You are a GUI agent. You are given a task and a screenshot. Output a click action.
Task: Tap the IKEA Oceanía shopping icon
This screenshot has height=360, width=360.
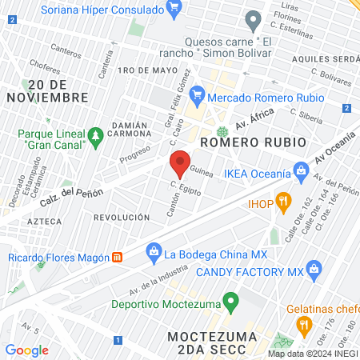pyautogui.click(x=301, y=170)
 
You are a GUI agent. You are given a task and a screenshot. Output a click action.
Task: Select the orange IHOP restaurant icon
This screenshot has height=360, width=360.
pyautogui.click(x=282, y=200)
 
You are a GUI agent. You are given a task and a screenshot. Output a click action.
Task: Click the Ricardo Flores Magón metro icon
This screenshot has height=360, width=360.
pyautogui.click(x=118, y=257)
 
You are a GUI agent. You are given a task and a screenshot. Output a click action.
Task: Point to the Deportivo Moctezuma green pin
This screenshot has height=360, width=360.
pyautogui.click(x=231, y=302)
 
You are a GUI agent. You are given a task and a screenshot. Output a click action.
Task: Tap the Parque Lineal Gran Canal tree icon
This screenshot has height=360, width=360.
pyautogui.click(x=96, y=135)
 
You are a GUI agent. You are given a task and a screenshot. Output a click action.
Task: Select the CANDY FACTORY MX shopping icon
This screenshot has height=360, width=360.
pyautogui.click(x=315, y=270)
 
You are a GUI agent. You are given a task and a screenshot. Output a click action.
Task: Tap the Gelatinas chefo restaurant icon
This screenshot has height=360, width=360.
pyautogui.click(x=303, y=324)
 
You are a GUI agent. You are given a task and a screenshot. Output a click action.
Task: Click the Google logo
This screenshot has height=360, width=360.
pyautogui.click(x=26, y=350)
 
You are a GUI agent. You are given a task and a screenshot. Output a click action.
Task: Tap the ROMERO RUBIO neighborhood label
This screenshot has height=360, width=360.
pyautogui.click(x=253, y=142)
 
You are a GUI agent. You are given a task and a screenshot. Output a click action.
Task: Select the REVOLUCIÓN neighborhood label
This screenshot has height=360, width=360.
pyautogui.click(x=122, y=217)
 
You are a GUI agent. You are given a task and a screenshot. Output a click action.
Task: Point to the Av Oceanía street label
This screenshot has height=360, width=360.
pyautogui.click(x=334, y=147)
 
